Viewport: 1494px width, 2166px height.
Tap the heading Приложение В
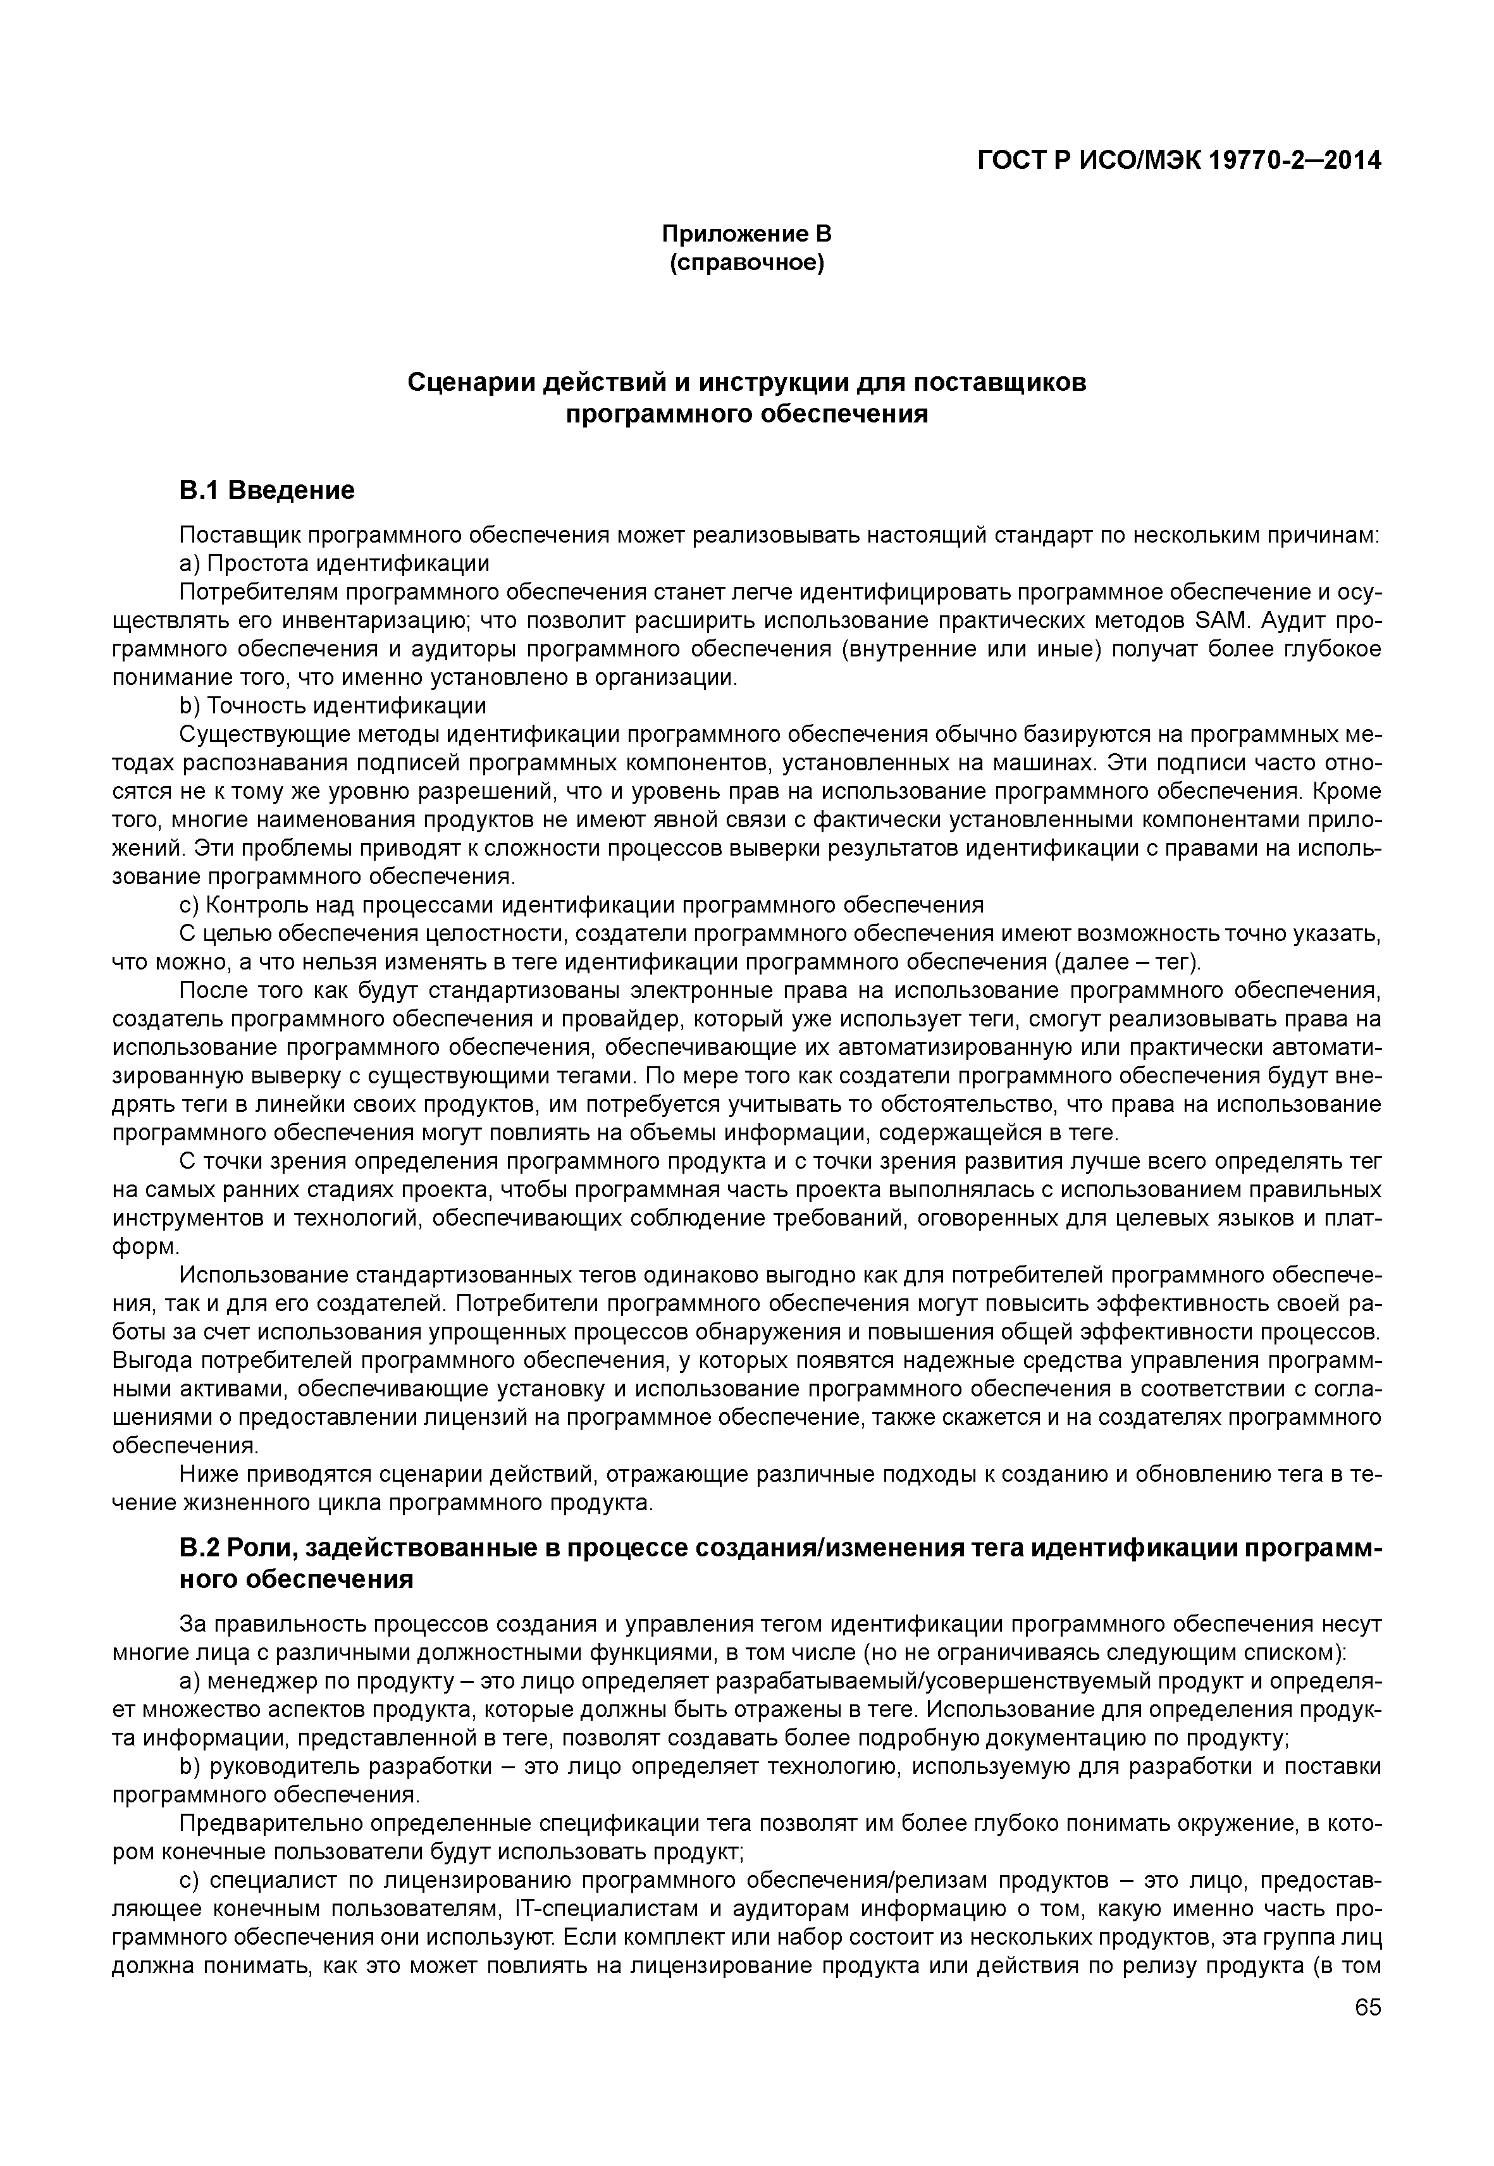pos(746,233)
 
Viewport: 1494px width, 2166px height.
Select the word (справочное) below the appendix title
pos(746,264)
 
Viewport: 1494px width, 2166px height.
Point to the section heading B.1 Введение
pos(267,491)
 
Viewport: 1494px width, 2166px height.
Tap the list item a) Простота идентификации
pos(334,563)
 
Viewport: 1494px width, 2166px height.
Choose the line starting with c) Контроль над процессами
pos(581,904)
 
